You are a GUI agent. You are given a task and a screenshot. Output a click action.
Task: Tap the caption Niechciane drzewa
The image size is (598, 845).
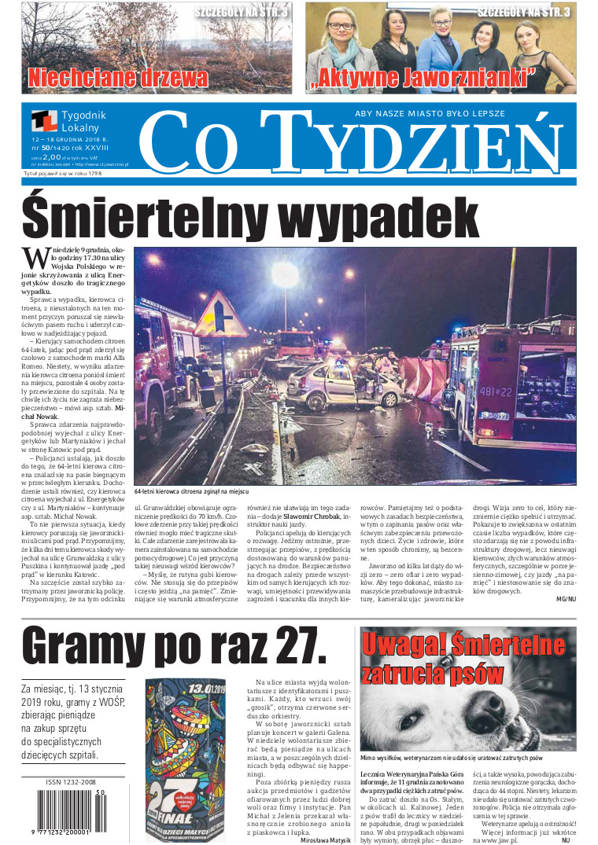pos(118,78)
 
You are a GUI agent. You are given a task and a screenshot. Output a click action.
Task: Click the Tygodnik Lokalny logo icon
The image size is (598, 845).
pos(44,121)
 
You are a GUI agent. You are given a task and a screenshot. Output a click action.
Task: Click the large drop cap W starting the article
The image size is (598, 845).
pos(35,256)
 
